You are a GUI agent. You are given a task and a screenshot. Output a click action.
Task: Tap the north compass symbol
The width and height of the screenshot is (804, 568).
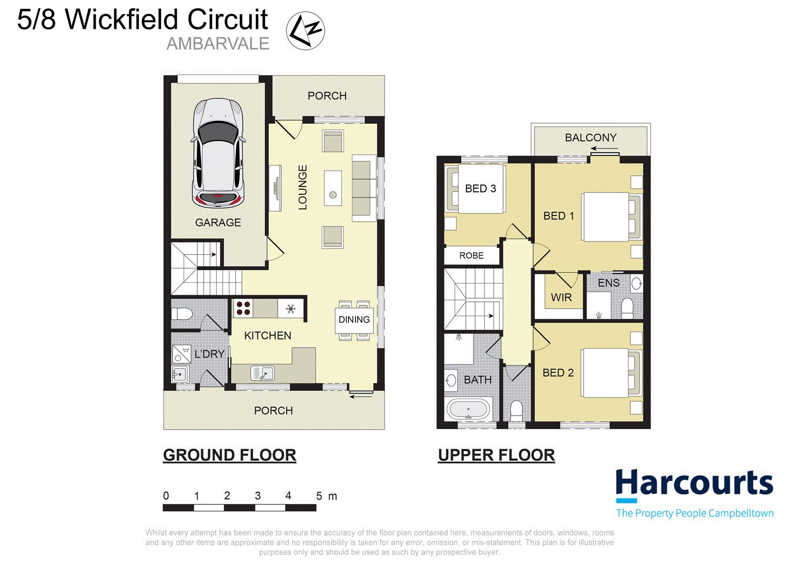click(x=305, y=31)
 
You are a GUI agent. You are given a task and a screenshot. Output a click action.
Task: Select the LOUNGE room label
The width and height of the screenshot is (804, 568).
click(x=303, y=187)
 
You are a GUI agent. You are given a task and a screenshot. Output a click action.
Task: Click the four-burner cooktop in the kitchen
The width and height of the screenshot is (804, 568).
click(x=243, y=308)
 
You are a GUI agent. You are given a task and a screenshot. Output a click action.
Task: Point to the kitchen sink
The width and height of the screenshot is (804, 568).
click(x=263, y=373)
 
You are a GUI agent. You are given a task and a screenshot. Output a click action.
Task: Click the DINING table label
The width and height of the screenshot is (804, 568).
click(x=354, y=319)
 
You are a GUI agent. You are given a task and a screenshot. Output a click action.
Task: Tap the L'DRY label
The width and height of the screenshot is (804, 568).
click(x=209, y=354)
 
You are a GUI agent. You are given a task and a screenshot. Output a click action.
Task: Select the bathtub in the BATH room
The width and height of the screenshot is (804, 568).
click(x=468, y=410)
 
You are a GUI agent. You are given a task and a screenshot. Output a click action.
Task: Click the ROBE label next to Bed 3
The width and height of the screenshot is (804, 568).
click(x=471, y=256)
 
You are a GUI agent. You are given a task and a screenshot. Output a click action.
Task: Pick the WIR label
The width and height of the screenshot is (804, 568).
click(x=561, y=297)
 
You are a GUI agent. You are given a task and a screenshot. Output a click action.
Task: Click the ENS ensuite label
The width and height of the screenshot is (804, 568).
click(x=608, y=283)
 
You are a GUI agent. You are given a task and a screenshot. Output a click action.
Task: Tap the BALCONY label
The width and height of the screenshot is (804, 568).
click(x=590, y=138)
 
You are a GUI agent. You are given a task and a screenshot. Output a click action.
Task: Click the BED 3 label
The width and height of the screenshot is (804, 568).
click(x=480, y=188)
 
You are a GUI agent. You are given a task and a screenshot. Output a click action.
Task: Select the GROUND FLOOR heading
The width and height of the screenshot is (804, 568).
click(x=229, y=455)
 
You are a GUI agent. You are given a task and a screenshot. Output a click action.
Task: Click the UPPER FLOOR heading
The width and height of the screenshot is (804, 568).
click(x=496, y=455)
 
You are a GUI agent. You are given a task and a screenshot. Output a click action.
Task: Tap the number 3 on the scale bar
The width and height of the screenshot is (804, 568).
click(x=258, y=495)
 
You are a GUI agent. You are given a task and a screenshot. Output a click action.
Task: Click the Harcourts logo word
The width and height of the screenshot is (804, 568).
click(x=694, y=483)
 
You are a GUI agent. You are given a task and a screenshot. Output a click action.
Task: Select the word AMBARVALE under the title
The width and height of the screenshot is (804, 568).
click(x=218, y=44)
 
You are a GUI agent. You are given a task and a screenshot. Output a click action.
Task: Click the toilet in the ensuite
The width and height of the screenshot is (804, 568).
click(x=627, y=308)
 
